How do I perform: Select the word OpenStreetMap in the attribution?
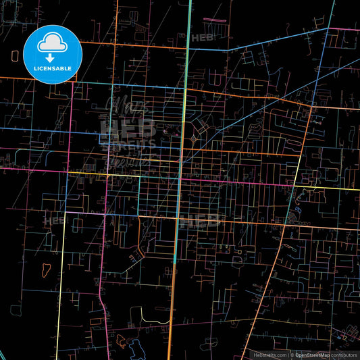310,355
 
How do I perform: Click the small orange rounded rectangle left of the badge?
15,56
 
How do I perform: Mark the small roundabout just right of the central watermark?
194,138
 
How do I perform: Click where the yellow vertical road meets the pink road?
66,213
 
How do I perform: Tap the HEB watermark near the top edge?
201,39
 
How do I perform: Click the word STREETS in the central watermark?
128,143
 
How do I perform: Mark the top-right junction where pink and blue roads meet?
330,28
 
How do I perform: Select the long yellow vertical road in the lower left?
61,284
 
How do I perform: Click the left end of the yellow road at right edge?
295,186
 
